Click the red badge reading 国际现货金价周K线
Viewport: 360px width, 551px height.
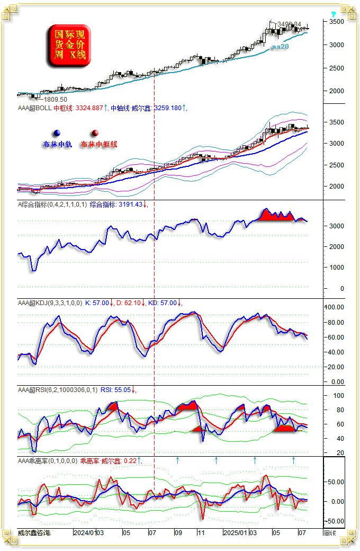pyautogui.click(x=69, y=46)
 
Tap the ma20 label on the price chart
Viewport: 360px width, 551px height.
pyautogui.click(x=280, y=47)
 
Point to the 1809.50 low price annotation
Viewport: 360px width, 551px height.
pyautogui.click(x=55, y=100)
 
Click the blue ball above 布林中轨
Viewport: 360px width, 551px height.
pyautogui.click(x=57, y=134)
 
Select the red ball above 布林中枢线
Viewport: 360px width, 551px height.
pyautogui.click(x=95, y=134)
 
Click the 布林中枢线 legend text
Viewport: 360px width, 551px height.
pyautogui.click(x=99, y=144)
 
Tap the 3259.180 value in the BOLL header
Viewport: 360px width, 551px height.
pyautogui.click(x=168, y=108)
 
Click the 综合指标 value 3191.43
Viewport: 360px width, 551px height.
pyautogui.click(x=130, y=205)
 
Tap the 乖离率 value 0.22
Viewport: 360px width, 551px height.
pyautogui.click(x=130, y=461)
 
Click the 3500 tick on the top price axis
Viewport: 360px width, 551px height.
pyautogui.click(x=336, y=22)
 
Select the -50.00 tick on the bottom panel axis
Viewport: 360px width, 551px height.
pyautogui.click(x=334, y=521)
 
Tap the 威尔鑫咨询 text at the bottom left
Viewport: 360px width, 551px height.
pyautogui.click(x=33, y=532)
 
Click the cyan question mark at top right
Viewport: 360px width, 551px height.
pyautogui.click(x=333, y=15)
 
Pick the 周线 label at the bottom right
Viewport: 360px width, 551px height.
pyautogui.click(x=329, y=532)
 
